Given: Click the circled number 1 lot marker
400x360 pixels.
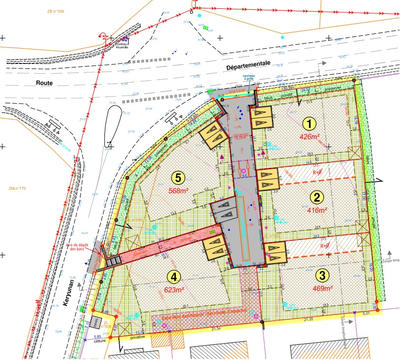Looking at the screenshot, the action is click(x=310, y=123).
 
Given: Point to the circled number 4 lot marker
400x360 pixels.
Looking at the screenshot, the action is click(x=175, y=276).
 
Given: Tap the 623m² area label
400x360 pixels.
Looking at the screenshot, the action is click(x=177, y=291).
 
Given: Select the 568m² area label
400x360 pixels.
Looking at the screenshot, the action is click(x=181, y=191).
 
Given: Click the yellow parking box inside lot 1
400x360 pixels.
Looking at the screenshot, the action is click(x=261, y=118).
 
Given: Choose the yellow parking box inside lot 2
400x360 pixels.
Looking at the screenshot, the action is click(x=268, y=181).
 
